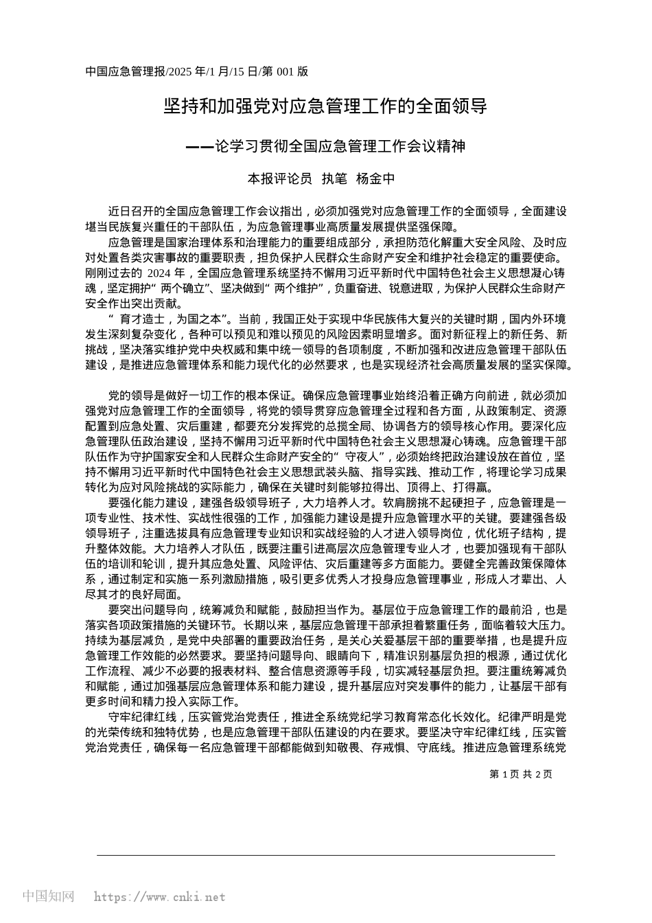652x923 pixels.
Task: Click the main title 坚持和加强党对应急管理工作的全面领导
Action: [x=325, y=106]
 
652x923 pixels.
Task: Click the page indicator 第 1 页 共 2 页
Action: [x=521, y=774]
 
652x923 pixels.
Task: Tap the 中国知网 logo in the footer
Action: [x=49, y=896]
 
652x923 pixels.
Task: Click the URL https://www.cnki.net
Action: [x=159, y=897]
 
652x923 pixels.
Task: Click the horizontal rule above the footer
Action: [x=325, y=855]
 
